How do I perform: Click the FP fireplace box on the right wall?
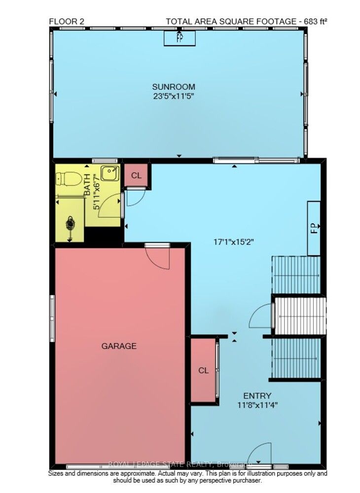[314, 228]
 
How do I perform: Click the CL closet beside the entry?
[203, 370]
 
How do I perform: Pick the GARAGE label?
[119, 346]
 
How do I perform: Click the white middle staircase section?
[300, 316]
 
